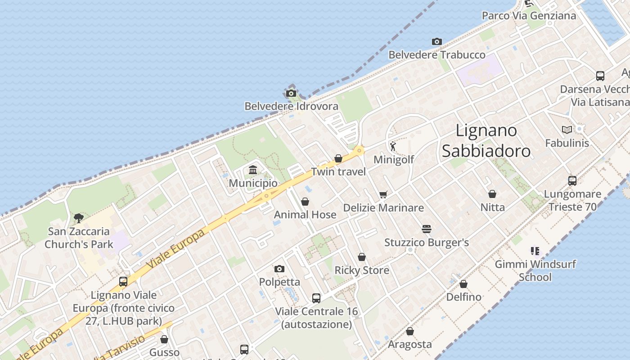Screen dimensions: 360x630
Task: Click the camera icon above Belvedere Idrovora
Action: click(x=291, y=94)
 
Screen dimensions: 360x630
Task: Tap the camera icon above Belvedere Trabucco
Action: click(x=436, y=42)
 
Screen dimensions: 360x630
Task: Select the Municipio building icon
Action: click(x=253, y=170)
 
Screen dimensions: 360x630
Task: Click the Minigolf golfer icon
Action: click(x=393, y=146)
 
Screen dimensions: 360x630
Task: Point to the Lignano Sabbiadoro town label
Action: click(x=486, y=140)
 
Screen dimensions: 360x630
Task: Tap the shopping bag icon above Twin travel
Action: click(x=338, y=158)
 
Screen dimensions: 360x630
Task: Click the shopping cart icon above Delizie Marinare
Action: click(x=383, y=194)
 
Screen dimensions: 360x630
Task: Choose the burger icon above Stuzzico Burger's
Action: click(x=427, y=229)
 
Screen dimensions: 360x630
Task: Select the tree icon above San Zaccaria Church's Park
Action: click(x=79, y=218)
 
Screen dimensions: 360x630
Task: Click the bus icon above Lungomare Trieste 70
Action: click(x=572, y=181)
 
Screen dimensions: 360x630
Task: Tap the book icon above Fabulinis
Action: click(x=567, y=130)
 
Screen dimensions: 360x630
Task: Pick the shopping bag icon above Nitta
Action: click(x=492, y=194)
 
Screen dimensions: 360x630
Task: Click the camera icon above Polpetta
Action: click(x=279, y=269)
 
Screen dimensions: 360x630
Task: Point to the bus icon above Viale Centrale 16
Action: click(x=316, y=298)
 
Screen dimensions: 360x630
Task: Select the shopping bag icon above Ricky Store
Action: click(x=362, y=257)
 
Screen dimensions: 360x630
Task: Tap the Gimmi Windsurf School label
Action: click(x=535, y=270)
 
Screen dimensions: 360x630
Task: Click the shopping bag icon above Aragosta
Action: click(x=409, y=332)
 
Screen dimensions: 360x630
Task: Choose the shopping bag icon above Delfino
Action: click(x=463, y=284)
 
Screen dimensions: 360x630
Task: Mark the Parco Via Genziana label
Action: click(x=529, y=16)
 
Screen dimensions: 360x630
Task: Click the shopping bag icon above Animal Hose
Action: click(x=305, y=202)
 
